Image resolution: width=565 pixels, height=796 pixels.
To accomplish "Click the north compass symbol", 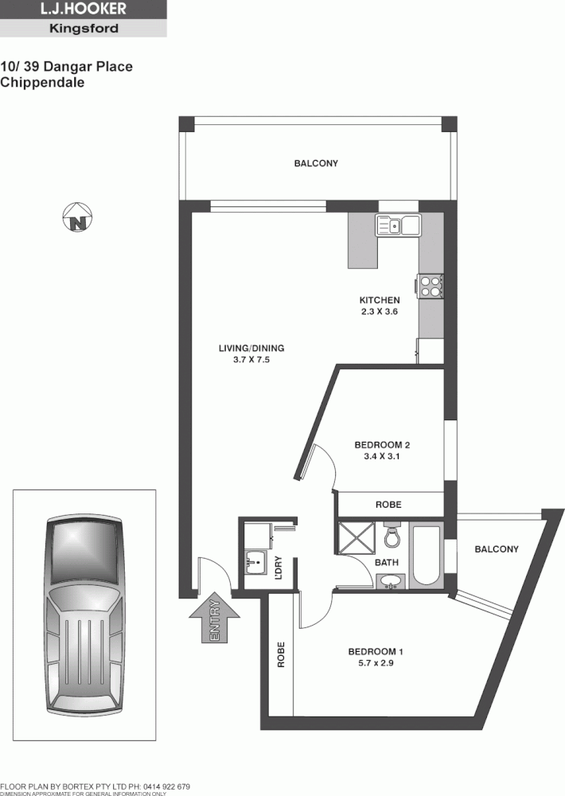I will (x=77, y=217).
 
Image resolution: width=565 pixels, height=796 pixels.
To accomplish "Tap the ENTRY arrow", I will (x=214, y=618).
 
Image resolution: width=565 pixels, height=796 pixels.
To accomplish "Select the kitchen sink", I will (x=399, y=225).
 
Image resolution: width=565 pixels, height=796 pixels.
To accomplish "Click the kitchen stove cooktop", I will (x=431, y=286).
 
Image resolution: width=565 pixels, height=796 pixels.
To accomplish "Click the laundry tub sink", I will (x=256, y=563).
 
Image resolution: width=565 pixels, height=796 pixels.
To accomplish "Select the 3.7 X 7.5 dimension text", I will (x=251, y=359).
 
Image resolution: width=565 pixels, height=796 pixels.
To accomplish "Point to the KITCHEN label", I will (x=379, y=300).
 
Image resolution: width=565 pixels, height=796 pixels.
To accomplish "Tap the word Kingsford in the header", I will (x=84, y=29).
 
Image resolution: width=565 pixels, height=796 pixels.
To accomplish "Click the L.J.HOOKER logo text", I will (x=84, y=9).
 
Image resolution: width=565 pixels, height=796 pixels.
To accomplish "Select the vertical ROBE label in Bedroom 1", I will (x=281, y=654).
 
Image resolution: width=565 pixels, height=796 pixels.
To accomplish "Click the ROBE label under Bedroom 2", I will (x=388, y=505).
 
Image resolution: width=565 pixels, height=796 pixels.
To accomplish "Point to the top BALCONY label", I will (x=316, y=163).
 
